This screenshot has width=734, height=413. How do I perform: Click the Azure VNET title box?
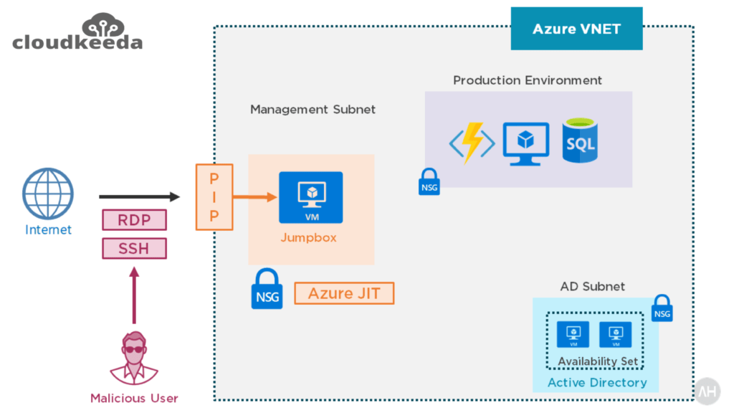pos(576,29)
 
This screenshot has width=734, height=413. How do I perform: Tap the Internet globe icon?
pos(48,194)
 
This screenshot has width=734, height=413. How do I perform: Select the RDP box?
pos(134,219)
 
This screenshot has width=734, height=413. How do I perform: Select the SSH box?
pos(134,248)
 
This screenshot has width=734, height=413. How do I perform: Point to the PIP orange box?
pos(214,196)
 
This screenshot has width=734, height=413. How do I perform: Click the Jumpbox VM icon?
pos(310,197)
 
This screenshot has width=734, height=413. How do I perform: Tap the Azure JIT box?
pos(344,293)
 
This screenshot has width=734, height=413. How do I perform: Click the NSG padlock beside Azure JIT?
pos(267,289)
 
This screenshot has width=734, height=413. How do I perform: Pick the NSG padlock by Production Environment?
pos(429,182)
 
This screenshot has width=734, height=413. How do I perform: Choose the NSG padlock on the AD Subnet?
pos(662,308)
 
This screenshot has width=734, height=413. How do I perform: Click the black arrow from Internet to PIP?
pos(139,196)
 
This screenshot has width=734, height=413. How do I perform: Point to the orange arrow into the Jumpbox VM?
pos(254,196)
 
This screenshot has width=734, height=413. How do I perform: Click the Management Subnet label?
pos(313,110)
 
